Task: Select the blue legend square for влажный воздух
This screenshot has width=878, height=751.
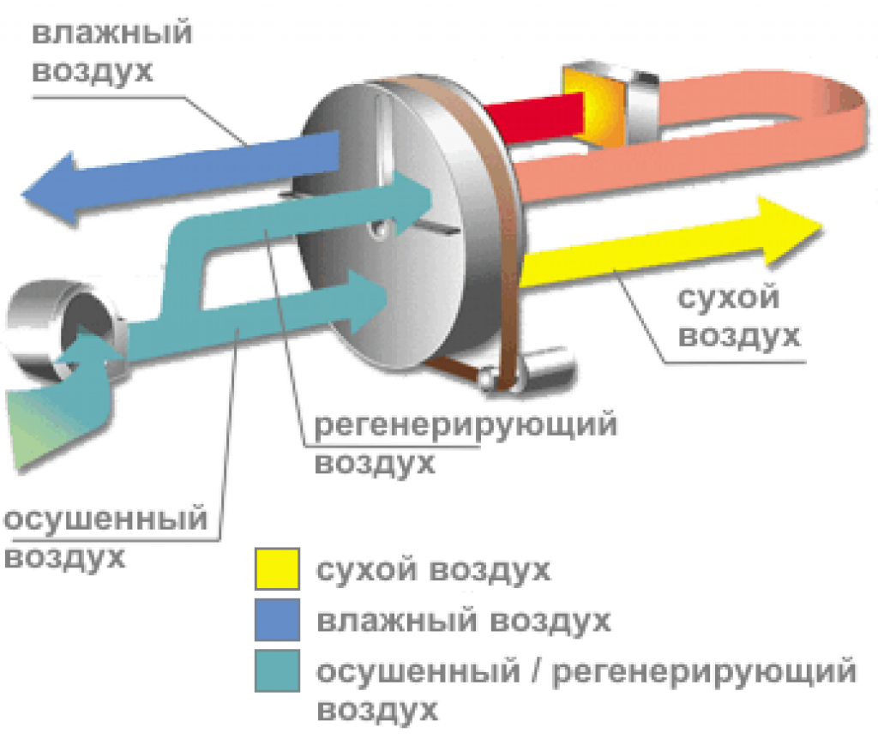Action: (x=276, y=620)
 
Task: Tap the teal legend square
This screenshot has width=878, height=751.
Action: (x=276, y=670)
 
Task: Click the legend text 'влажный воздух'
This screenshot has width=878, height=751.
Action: (x=463, y=620)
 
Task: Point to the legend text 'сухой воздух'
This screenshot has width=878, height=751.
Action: (x=433, y=570)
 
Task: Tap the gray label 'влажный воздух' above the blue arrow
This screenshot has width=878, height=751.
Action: (x=112, y=51)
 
